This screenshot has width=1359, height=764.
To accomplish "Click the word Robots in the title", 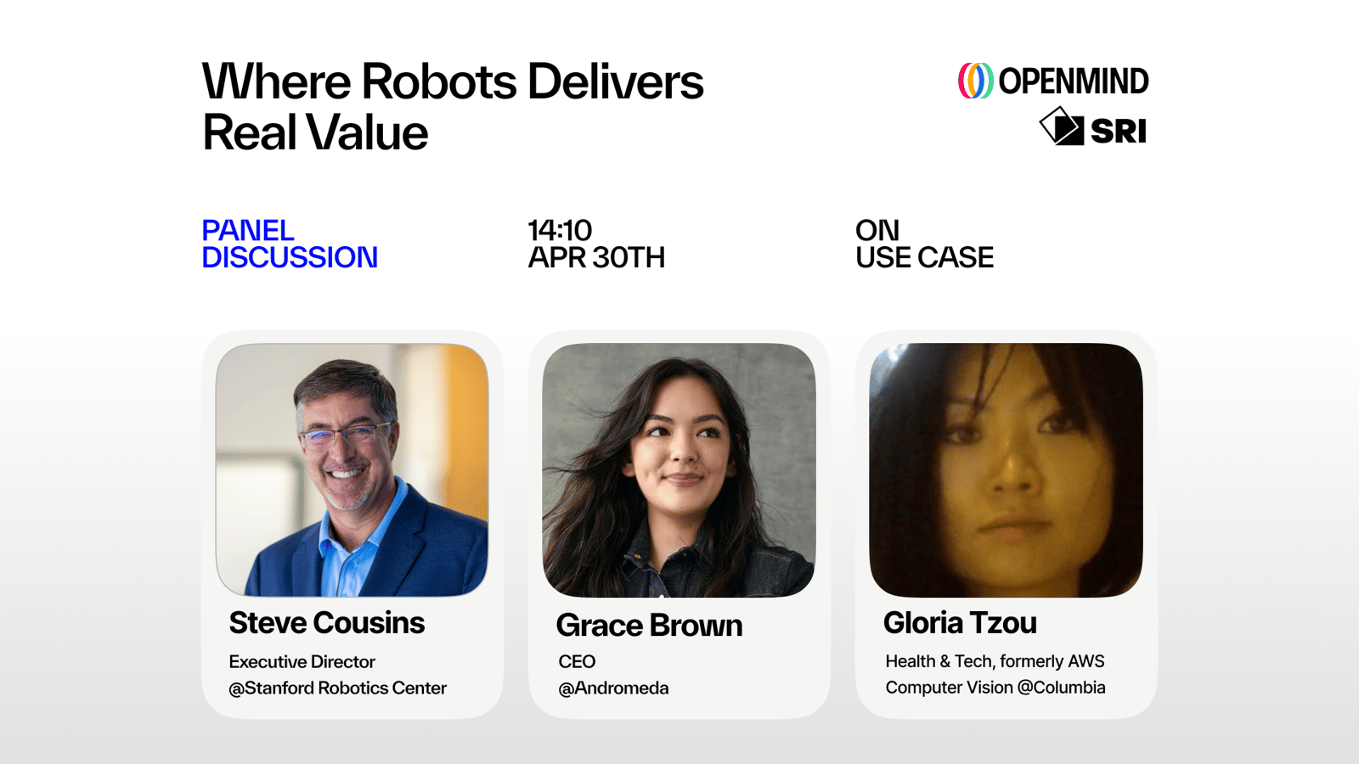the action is pos(438,81).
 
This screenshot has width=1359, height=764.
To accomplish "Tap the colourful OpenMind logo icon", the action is pos(975,81).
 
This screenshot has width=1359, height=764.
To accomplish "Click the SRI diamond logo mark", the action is pos(1061,126).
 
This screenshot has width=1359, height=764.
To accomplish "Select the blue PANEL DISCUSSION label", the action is pos(290,244).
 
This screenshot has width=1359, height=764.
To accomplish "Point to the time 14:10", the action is pos(560,230).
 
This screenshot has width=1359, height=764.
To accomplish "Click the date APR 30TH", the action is pos(596,258).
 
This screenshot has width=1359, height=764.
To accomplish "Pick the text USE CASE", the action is pos(924,258).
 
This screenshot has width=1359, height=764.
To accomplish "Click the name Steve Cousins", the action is pos(326,623).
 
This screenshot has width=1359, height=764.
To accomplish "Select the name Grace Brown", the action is pos(649,625).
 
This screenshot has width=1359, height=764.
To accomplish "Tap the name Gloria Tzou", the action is pos(960,623).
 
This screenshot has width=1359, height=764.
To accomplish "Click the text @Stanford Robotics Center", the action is pos(337,688).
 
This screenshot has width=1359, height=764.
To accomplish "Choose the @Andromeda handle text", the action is pos(613,688).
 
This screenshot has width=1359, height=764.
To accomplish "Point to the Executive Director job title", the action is pos(302,661).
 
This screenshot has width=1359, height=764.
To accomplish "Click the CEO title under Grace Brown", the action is pos(577,661).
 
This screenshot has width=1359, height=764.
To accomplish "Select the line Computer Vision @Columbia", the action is pos(995,688).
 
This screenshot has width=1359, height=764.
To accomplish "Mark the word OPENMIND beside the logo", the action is pos(1074,81).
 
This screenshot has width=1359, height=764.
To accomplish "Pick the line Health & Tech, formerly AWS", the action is pos(995,661).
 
